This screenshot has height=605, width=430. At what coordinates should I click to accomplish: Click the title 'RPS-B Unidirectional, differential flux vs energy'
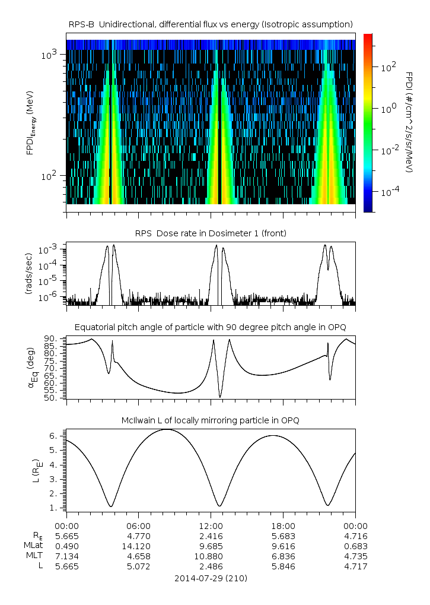click(211, 24)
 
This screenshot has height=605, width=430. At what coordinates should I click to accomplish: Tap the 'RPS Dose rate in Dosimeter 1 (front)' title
click(211, 233)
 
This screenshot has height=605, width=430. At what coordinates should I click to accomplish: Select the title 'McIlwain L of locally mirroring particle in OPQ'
click(211, 420)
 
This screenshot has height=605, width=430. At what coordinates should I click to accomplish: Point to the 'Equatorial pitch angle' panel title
click(211, 327)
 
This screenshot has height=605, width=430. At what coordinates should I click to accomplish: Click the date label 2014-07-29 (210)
click(211, 578)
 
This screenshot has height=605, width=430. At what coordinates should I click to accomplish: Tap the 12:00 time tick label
click(211, 525)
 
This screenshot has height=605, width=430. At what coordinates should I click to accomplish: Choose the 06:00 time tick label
click(139, 525)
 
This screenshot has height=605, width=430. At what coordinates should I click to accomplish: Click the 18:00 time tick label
click(284, 525)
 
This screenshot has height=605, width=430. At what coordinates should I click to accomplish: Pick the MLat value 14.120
click(139, 546)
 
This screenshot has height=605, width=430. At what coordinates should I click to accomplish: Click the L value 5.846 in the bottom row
click(284, 566)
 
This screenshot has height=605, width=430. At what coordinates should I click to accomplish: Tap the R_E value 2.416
click(211, 536)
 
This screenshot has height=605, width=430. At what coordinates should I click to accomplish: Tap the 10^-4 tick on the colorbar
click(388, 192)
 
